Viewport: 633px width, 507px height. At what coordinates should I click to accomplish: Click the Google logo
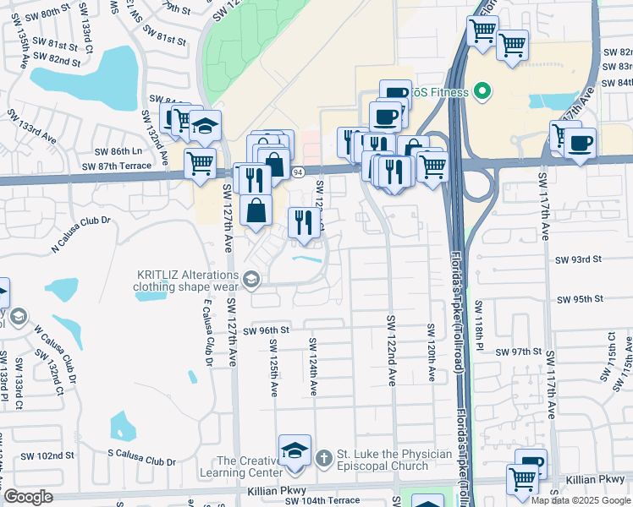pyautogui.click(x=29, y=497)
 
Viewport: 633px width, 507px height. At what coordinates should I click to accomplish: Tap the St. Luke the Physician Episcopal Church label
pyautogui.click(x=394, y=460)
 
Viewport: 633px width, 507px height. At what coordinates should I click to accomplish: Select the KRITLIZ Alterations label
pyautogui.click(x=187, y=280)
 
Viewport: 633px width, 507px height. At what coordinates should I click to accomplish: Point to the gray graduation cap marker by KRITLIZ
pyautogui.click(x=250, y=278)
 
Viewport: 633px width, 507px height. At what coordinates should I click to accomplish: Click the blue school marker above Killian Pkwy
pyautogui.click(x=294, y=450)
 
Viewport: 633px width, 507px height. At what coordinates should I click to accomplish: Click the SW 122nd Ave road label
pyautogui.click(x=392, y=351)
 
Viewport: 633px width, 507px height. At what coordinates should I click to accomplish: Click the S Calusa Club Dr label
pyautogui.click(x=141, y=462)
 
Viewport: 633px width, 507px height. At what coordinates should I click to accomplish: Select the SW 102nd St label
pyautogui.click(x=47, y=455)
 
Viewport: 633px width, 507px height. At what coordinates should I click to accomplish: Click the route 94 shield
pyautogui.click(x=298, y=172)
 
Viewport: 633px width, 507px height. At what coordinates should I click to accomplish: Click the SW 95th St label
pyautogui.click(x=580, y=299)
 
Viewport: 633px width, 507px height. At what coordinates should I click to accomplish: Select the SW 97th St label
pyautogui.click(x=519, y=352)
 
